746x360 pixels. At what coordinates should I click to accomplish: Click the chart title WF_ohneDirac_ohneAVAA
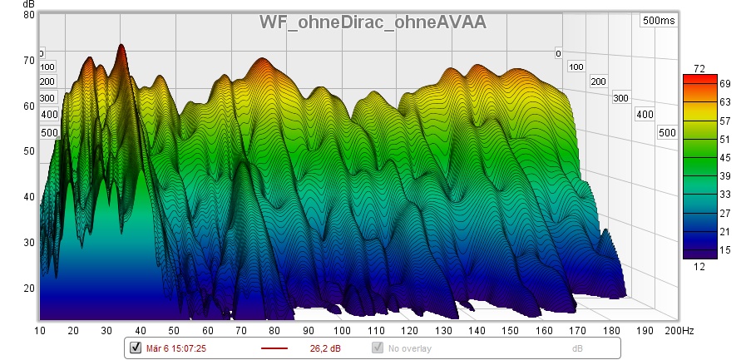(x=373, y=22)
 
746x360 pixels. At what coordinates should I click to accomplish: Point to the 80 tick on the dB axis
(x=29, y=15)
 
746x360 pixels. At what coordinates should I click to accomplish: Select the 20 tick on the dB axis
(x=29, y=288)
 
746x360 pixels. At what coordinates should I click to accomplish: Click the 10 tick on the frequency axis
(x=40, y=331)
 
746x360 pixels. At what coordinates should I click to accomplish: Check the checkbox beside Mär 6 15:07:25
(x=136, y=348)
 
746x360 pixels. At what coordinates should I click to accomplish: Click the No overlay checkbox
(x=378, y=348)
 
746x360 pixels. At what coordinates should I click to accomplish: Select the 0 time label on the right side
(x=559, y=54)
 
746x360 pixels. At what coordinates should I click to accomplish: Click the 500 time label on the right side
(x=666, y=133)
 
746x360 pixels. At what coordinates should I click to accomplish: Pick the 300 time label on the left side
(x=47, y=97)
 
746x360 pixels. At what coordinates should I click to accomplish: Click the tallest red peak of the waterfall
(x=121, y=47)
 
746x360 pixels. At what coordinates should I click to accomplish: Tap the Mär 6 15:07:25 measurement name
(x=175, y=348)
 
